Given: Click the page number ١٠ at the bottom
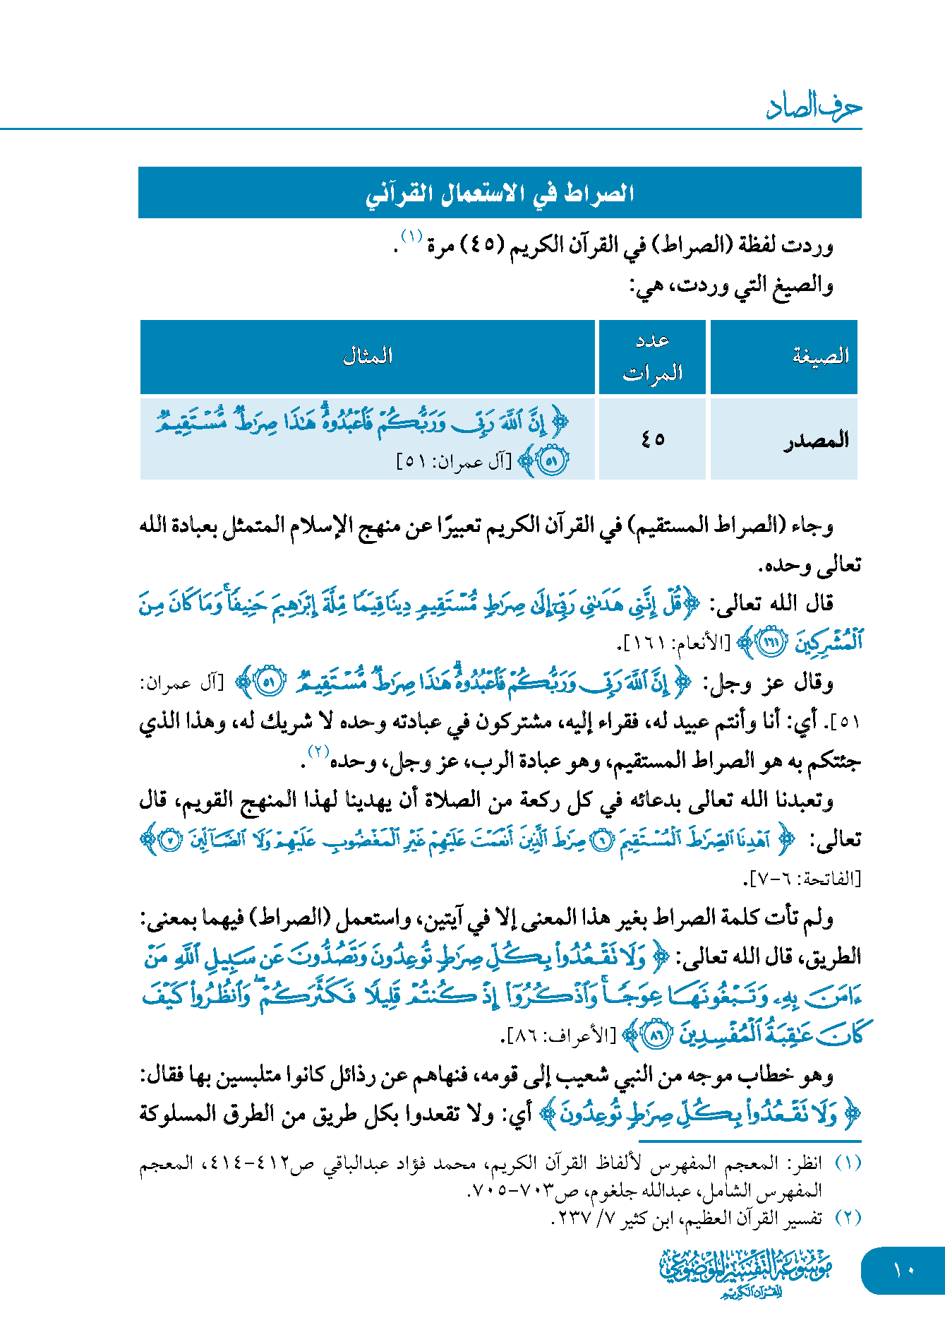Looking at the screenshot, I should point(903,1270).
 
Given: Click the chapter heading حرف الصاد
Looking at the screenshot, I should point(814,106).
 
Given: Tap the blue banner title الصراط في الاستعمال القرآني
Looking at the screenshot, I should point(500,193).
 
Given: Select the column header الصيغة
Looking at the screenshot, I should point(820,356).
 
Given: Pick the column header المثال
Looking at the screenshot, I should point(367,356).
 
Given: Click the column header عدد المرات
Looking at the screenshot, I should point(652,356).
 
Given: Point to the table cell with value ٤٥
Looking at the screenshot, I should point(653,439).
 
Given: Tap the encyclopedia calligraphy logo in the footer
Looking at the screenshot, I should point(747,1271).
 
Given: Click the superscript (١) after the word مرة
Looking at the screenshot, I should point(411,235).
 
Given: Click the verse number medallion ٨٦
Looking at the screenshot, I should point(657,1036).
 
